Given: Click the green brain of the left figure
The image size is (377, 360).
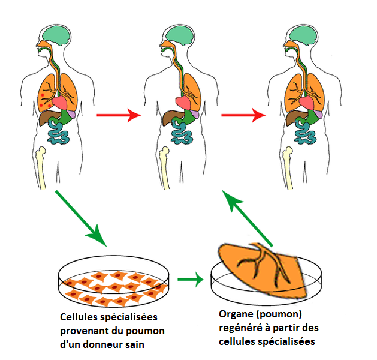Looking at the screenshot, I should tap(58, 34).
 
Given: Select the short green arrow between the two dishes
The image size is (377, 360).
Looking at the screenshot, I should tap(191, 279).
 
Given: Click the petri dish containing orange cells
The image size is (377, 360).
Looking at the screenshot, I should tap(117, 282).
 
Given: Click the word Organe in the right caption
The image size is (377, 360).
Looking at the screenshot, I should tap(237, 314).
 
